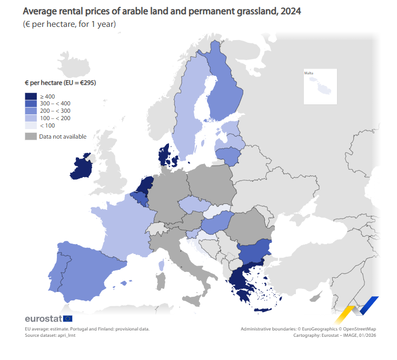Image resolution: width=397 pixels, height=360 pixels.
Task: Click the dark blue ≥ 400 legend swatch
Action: point(31,96)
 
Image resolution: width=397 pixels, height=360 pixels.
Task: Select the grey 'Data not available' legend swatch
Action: point(31,137)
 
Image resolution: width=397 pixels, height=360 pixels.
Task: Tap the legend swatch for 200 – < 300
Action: point(31,111)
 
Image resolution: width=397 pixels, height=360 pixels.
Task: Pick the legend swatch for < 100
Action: point(31,125)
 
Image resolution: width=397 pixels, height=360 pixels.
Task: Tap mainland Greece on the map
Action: point(240,283)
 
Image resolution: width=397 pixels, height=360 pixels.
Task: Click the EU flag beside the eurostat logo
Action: point(68,318)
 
